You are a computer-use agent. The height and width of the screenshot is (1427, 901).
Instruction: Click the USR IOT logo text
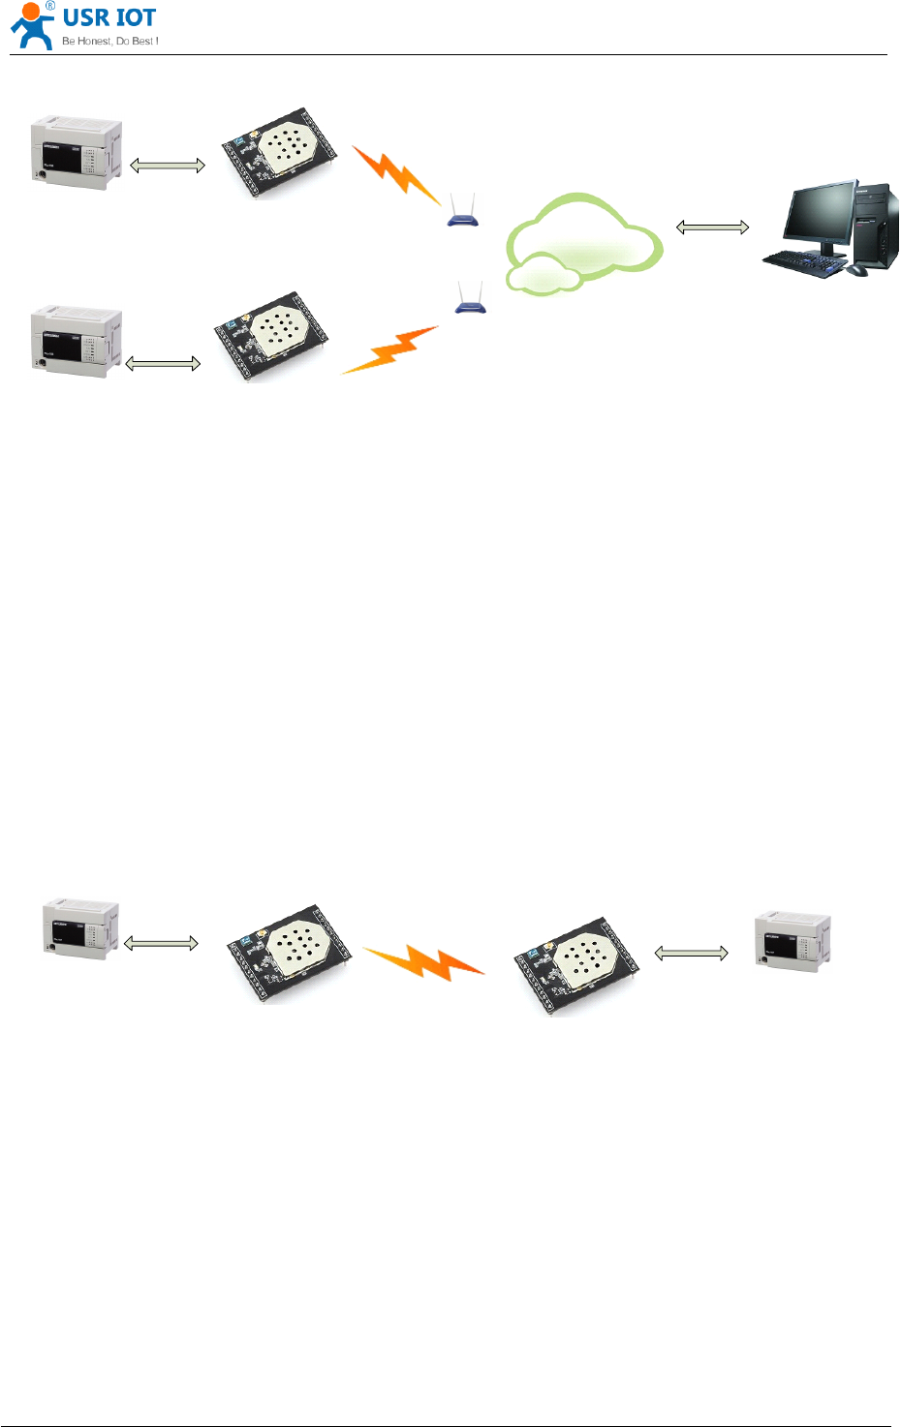[109, 17]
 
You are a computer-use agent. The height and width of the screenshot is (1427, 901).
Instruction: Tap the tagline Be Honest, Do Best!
[109, 41]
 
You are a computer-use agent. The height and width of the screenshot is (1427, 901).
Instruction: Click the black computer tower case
[876, 226]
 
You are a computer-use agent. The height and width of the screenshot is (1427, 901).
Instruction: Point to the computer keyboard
[803, 262]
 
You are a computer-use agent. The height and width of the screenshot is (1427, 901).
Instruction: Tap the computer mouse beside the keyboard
[856, 270]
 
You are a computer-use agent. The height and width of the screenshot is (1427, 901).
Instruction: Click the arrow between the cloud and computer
[712, 228]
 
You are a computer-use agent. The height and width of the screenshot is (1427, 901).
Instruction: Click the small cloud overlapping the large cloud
[543, 273]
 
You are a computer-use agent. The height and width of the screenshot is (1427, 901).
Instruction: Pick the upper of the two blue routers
[463, 213]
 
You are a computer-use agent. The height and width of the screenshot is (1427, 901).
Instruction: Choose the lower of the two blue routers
[470, 299]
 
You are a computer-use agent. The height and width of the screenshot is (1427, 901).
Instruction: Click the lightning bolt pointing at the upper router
[396, 174]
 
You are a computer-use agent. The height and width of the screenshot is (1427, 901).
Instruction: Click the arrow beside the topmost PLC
[168, 166]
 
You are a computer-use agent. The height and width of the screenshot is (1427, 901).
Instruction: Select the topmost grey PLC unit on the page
[77, 152]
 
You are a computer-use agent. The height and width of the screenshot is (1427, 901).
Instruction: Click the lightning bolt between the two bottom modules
[423, 961]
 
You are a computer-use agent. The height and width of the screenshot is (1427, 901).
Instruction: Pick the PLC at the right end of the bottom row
[792, 938]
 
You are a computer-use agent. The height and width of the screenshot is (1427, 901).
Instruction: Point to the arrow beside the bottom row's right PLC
[691, 954]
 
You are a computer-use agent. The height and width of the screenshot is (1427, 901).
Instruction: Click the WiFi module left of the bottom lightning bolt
[288, 954]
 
